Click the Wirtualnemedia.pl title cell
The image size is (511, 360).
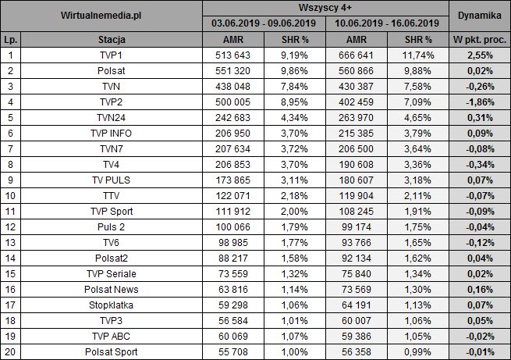[101, 16]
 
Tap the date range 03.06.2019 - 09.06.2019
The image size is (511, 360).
[264, 24]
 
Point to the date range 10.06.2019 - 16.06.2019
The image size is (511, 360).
[388, 24]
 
